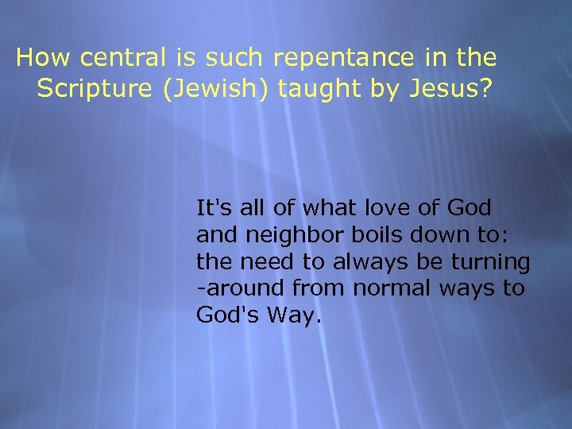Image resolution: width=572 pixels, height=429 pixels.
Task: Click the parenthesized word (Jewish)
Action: pyautogui.click(x=217, y=90)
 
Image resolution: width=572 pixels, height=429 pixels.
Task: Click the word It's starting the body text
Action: pyautogui.click(x=212, y=208)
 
